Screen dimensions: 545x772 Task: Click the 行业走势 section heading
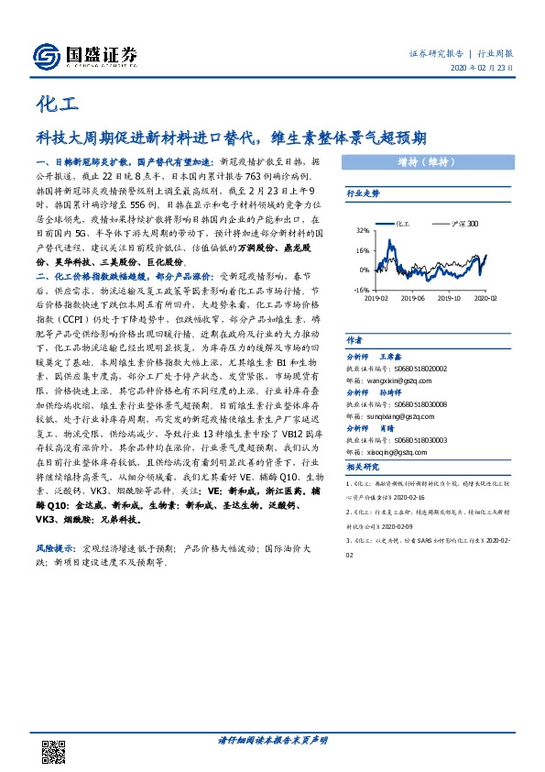[x=363, y=194]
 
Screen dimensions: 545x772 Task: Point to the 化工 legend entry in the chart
[x=406, y=223]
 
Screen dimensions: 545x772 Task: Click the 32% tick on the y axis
[x=362, y=231]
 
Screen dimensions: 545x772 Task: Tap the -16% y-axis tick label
[x=361, y=289]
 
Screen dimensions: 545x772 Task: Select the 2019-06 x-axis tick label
[x=413, y=298]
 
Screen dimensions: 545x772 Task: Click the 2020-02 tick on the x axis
[x=486, y=298]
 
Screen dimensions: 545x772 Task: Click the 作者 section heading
[x=354, y=340]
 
